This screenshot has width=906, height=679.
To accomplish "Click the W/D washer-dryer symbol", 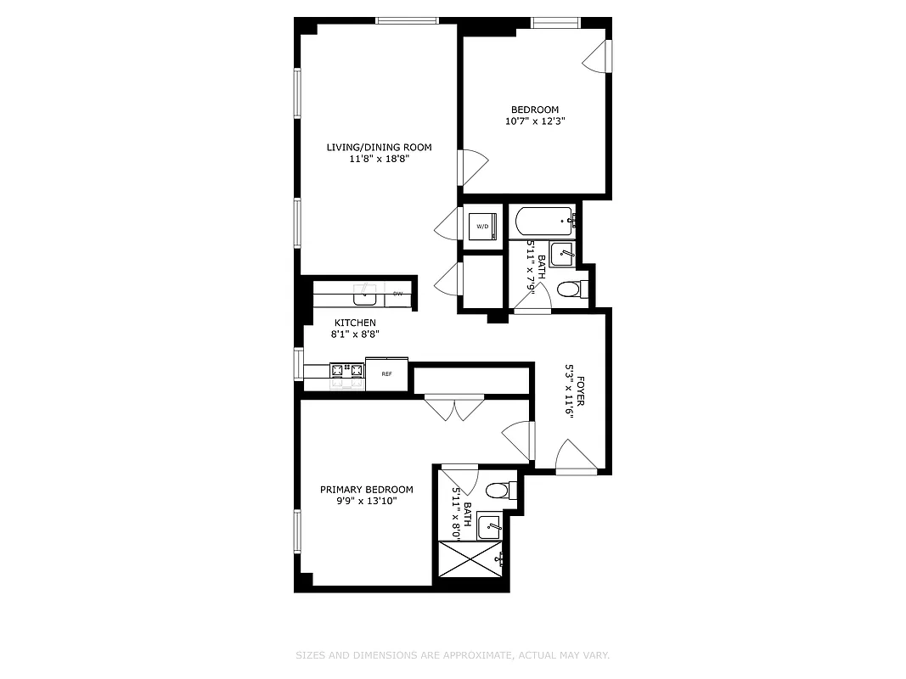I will pos(482,227).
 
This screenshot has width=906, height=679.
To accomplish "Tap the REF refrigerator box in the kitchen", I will pos(386,373).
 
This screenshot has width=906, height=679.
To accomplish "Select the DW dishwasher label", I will pos(397,294).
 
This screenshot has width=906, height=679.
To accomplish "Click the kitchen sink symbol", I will pos(366,294).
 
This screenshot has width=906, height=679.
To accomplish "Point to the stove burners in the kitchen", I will pos(346,371).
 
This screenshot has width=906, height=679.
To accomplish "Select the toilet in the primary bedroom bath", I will pos(501,491).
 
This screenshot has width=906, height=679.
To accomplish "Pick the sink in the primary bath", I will pos(489,526).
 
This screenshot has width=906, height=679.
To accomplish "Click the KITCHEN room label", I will pos(355,323).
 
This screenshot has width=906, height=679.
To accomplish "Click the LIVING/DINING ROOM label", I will pos(379,148).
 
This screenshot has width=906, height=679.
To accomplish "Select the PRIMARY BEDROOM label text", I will pos(366,490).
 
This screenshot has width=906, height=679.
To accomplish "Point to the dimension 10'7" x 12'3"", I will pos(535,121).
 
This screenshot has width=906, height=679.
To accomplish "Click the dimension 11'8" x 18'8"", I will pos(379,159).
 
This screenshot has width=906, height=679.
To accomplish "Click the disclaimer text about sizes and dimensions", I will pos(453,655).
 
